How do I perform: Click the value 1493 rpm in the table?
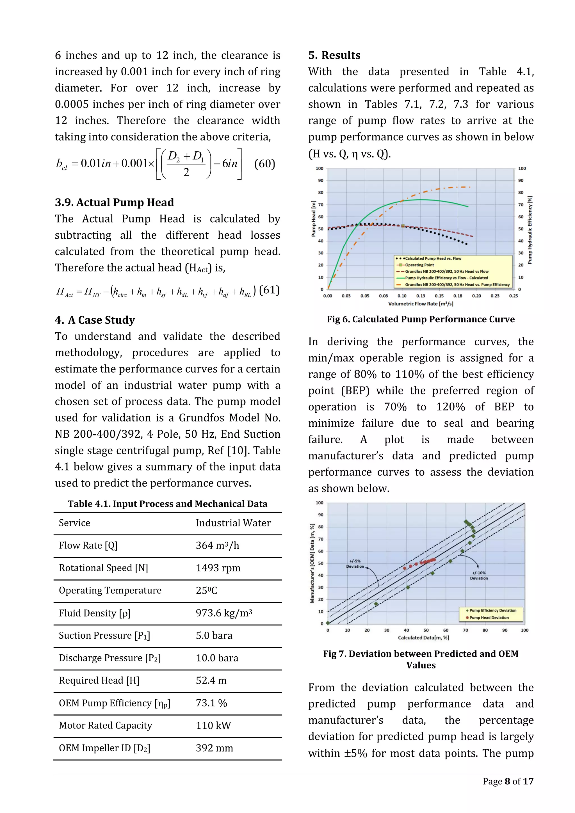(218, 568)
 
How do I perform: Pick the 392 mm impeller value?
(215, 748)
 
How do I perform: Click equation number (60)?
(265, 164)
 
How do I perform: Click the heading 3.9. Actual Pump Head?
(114, 202)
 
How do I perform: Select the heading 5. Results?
(334, 55)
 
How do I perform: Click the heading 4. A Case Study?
(95, 320)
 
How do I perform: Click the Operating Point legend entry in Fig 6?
(419, 265)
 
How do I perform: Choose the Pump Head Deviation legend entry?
(489, 618)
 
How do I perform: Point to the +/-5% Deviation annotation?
(355, 564)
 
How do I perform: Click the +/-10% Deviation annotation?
(479, 576)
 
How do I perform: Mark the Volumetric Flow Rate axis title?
(421, 304)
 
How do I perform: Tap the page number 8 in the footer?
(507, 782)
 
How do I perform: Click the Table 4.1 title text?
(167, 504)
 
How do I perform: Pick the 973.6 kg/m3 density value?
(224, 613)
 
